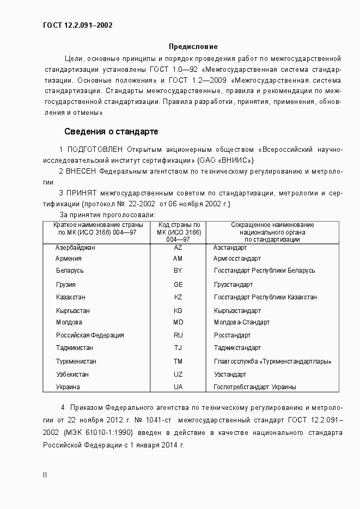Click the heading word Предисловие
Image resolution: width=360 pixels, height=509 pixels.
click(193, 47)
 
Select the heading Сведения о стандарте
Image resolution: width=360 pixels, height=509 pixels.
click(111, 131)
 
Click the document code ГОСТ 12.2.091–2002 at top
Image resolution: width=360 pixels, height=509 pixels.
click(77, 25)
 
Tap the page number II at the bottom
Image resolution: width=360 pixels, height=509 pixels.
click(45, 475)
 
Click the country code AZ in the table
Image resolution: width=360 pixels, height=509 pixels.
click(178, 247)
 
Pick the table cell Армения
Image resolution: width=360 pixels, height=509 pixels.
click(69, 259)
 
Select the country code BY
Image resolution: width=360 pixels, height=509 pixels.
click(178, 271)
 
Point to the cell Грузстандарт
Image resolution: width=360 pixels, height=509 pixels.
click(233, 285)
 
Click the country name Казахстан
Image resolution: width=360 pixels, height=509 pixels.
click(71, 297)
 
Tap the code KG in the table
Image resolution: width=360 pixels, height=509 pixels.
click(178, 311)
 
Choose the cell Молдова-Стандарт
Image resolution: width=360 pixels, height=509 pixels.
click(241, 322)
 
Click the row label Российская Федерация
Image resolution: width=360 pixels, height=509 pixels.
click(90, 335)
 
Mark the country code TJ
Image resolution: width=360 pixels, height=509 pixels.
click(178, 348)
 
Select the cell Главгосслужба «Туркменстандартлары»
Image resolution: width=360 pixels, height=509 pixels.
click(272, 361)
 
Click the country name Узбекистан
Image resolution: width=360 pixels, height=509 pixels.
click(72, 375)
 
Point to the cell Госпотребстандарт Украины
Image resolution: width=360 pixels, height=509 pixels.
click(254, 387)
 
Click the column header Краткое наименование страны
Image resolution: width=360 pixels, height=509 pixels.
click(98, 225)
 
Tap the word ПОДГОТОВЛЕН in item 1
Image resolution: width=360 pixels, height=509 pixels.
click(95, 149)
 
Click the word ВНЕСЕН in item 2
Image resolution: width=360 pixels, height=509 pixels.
click(83, 171)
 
